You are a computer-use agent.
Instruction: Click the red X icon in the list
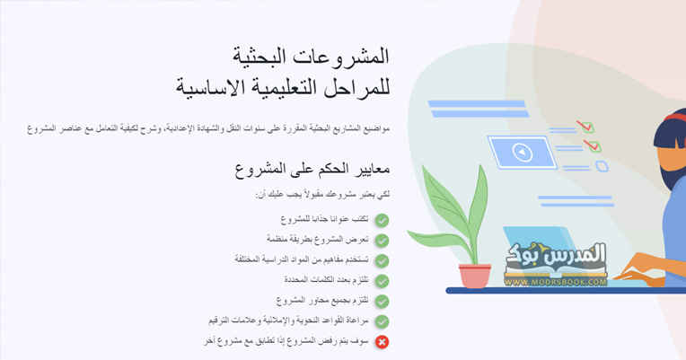click(x=382, y=342)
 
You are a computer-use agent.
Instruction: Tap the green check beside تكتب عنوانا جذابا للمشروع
click(x=382, y=220)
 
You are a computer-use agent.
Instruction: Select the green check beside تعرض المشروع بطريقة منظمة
click(x=382, y=241)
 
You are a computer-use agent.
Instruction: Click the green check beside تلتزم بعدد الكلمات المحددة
click(x=382, y=281)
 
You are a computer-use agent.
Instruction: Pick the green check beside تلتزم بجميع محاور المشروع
click(x=382, y=302)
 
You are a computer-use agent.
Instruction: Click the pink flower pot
click(x=475, y=276)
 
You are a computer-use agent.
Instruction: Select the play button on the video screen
click(x=522, y=153)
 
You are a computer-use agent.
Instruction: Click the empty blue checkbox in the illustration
click(x=602, y=166)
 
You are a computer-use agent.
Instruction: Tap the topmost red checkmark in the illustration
click(x=585, y=127)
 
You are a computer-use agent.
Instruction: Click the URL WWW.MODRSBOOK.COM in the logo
click(x=556, y=282)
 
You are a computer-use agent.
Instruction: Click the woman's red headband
click(x=674, y=118)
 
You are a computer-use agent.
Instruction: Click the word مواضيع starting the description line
click(x=377, y=128)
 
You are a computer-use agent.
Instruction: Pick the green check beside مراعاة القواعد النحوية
click(x=382, y=321)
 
